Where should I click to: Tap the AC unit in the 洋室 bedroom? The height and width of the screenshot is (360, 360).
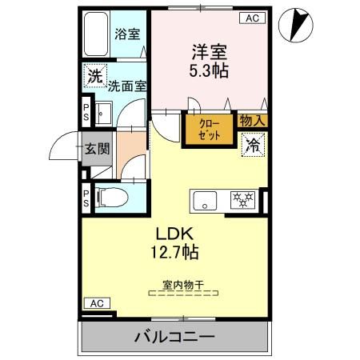(x=251, y=18)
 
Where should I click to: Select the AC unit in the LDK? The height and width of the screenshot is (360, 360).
(x=96, y=303)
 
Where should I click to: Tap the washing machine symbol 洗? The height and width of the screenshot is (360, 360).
(x=95, y=77)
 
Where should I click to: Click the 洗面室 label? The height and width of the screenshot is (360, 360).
(x=128, y=85)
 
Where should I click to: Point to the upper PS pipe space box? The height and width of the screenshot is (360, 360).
(x=86, y=110)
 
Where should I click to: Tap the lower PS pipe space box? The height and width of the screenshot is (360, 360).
(x=86, y=198)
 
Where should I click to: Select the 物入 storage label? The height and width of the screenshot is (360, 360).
(x=253, y=120)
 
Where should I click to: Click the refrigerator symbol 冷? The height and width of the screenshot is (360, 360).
(x=252, y=145)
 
